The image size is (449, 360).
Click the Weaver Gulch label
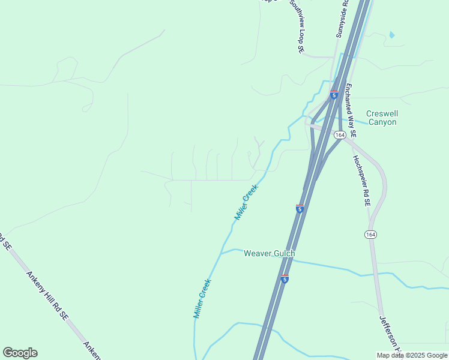click(x=269, y=254)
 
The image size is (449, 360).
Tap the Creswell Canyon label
click(x=382, y=118)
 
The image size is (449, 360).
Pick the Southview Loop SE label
click(x=298, y=26)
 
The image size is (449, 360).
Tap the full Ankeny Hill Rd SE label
click(x=46, y=296)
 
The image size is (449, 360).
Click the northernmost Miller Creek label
click(x=246, y=202)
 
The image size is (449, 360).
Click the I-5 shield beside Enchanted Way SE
click(x=334, y=95)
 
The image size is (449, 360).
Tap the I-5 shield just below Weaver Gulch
click(x=285, y=279)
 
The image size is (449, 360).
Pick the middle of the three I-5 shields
click(x=300, y=208)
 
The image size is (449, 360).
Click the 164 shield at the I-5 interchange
click(x=340, y=135)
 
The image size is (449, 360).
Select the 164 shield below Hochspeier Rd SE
click(x=370, y=235)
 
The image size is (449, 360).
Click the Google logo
click(x=20, y=353)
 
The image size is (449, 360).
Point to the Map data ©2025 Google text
click(x=412, y=355)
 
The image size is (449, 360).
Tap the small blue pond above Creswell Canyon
click(x=392, y=35)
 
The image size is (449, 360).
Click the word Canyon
click(x=382, y=122)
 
